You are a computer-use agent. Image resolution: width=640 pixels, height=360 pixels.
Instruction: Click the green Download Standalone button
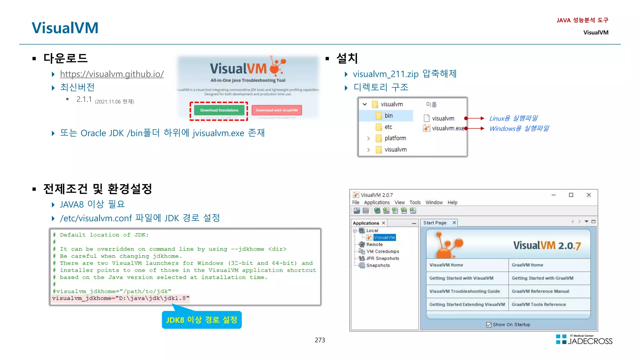(x=219, y=110)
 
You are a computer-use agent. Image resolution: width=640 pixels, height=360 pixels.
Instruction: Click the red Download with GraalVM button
(x=277, y=110)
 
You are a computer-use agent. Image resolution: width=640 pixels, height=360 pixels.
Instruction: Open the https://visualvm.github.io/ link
(x=112, y=74)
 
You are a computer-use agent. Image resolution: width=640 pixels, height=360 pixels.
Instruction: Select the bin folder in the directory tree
(x=388, y=116)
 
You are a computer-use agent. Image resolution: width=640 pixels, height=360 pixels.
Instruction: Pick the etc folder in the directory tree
(x=388, y=127)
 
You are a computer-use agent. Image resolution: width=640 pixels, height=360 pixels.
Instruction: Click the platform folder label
(x=395, y=138)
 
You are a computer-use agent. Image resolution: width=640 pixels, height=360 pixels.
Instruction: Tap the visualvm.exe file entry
(x=447, y=128)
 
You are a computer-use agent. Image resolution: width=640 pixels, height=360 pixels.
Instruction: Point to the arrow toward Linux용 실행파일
(x=475, y=118)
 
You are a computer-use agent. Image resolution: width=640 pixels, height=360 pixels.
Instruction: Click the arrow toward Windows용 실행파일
(x=475, y=128)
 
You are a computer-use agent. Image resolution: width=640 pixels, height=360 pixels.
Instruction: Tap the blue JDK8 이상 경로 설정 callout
(x=202, y=320)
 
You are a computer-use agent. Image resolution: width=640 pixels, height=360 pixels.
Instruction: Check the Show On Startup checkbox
(x=489, y=325)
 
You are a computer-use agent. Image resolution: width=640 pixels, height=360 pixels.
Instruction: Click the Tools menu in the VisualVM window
(x=415, y=202)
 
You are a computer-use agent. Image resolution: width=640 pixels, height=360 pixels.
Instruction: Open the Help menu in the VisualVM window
(x=452, y=202)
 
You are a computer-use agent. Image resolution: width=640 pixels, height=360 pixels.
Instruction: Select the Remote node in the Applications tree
(x=374, y=244)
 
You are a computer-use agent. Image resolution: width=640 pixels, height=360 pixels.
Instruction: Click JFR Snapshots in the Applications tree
(x=382, y=258)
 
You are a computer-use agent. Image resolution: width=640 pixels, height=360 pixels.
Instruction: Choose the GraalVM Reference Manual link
(x=540, y=291)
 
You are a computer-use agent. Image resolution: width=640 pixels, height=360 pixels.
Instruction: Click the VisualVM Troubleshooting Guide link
(x=464, y=291)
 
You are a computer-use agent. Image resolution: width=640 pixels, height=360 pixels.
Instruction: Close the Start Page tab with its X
(x=454, y=222)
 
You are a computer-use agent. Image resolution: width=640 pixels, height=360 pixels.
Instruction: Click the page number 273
(x=320, y=340)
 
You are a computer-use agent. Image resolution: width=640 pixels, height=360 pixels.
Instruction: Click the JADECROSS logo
(x=584, y=340)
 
